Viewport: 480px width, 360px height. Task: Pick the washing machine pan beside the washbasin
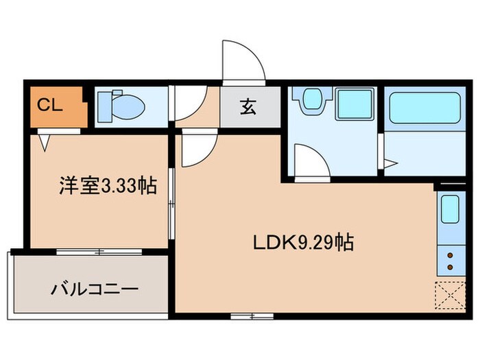click(355, 104)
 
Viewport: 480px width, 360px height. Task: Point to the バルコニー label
click(95, 289)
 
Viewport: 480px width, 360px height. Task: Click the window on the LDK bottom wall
click(252, 316)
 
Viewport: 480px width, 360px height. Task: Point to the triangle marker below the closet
click(45, 142)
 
